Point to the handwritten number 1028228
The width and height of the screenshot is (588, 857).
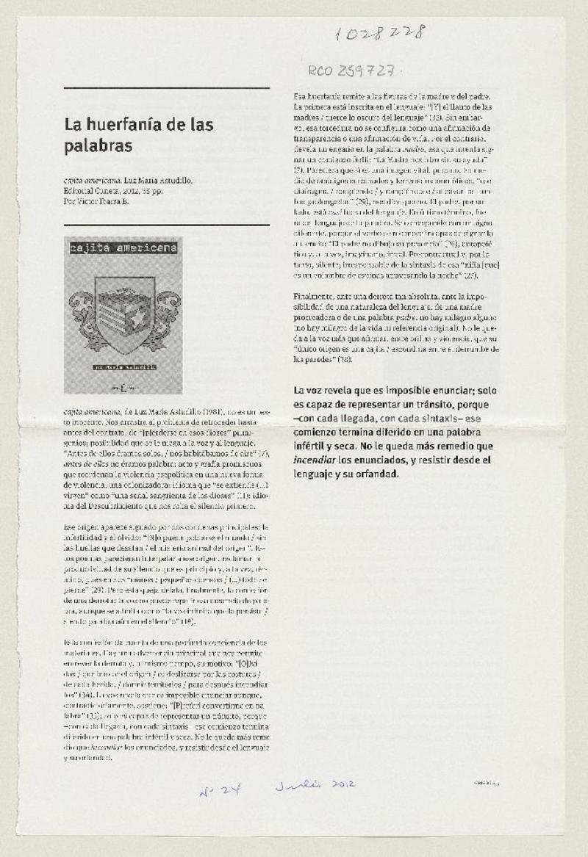(379, 32)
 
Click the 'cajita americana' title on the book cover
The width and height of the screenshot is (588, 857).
(123, 248)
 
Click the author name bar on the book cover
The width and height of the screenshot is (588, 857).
(123, 365)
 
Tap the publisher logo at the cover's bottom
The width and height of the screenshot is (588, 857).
(123, 385)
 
